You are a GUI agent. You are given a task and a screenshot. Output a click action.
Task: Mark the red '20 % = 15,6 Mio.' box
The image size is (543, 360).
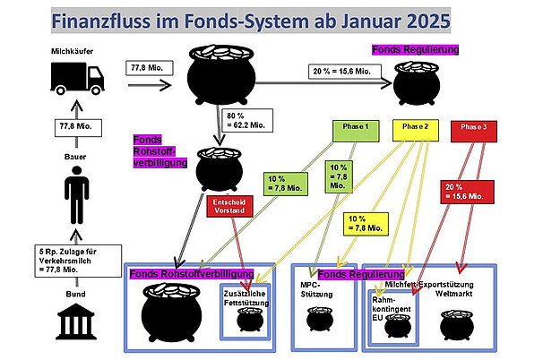[x=470, y=190]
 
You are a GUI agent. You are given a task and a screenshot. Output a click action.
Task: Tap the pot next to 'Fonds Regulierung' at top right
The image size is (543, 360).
[x=417, y=86]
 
